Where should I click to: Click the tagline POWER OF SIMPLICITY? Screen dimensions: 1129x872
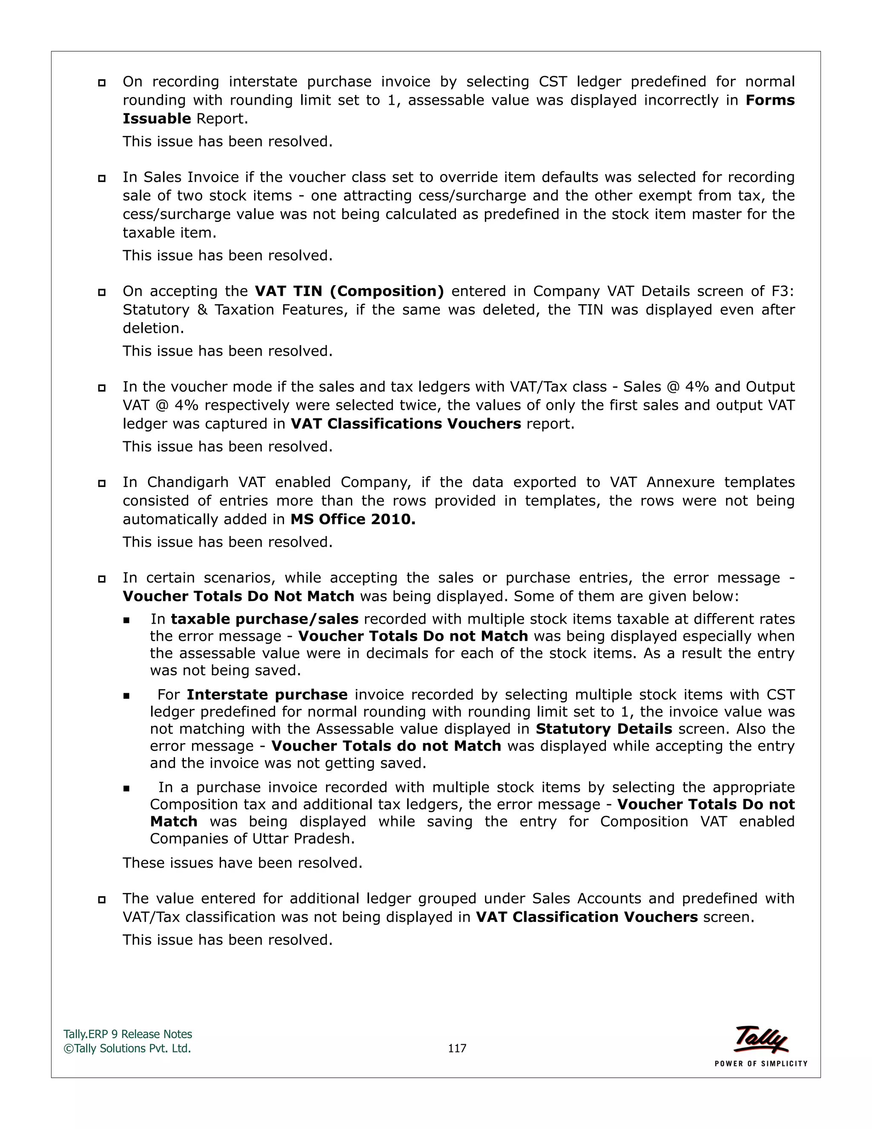[760, 1063]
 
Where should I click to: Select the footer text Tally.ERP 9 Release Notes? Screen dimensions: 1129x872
[128, 1034]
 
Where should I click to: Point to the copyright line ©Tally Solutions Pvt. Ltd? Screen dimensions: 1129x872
[127, 1048]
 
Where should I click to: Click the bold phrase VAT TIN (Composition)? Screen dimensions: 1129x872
[349, 291]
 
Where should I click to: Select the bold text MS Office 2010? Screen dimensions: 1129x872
[353, 519]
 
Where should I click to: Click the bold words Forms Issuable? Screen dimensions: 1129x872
[769, 100]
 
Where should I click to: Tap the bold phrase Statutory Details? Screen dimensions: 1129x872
[603, 729]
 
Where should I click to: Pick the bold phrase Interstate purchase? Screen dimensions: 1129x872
[267, 694]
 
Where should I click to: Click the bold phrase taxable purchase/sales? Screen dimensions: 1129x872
[264, 619]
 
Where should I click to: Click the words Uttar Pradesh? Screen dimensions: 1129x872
[303, 838]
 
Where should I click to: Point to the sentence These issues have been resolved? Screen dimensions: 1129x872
[242, 863]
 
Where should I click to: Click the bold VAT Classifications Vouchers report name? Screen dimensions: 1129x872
[405, 423]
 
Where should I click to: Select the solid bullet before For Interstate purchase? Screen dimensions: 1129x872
[126, 696]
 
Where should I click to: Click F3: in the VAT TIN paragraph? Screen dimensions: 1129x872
[782, 291]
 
